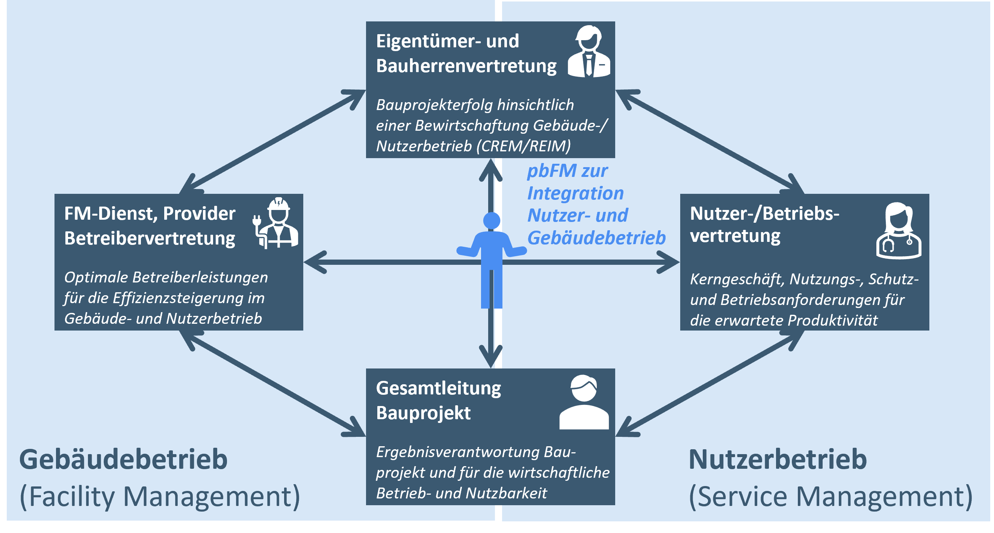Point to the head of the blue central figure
point(492,220)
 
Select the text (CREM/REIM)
point(523,146)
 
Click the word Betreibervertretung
point(150,239)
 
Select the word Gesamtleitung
point(438,388)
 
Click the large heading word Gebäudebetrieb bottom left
point(124,460)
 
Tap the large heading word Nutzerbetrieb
point(778,460)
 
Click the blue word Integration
point(575,193)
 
